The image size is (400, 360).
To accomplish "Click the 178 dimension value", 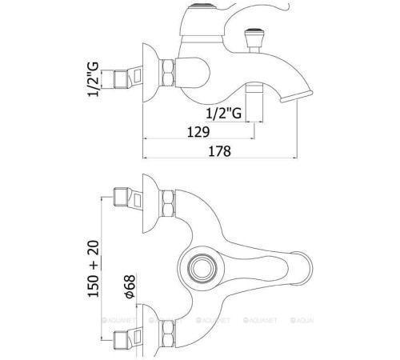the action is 219,151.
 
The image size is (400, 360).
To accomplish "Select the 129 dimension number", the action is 198,132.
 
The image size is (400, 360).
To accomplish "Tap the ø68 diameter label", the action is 130,286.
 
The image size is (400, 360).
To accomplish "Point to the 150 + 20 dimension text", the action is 94,269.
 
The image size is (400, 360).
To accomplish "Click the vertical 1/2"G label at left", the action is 94,79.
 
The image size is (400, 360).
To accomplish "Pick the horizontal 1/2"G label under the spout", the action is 224,113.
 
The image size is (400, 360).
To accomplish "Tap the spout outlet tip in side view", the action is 296,96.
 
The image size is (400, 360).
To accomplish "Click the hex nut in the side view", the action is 167,73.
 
